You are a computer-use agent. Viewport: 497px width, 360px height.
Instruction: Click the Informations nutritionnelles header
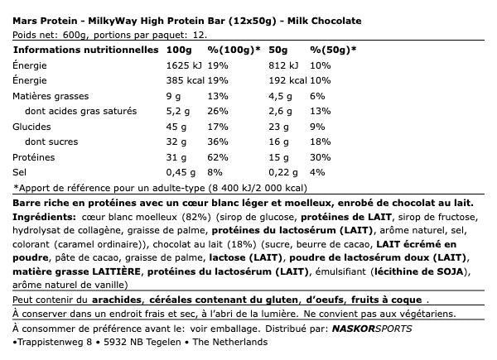coord(86,50)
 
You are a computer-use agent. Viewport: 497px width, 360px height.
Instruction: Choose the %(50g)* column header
coord(333,50)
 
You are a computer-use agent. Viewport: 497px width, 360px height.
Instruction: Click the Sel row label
coord(20,172)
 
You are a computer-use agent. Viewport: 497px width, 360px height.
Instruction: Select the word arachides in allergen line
coord(117,300)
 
